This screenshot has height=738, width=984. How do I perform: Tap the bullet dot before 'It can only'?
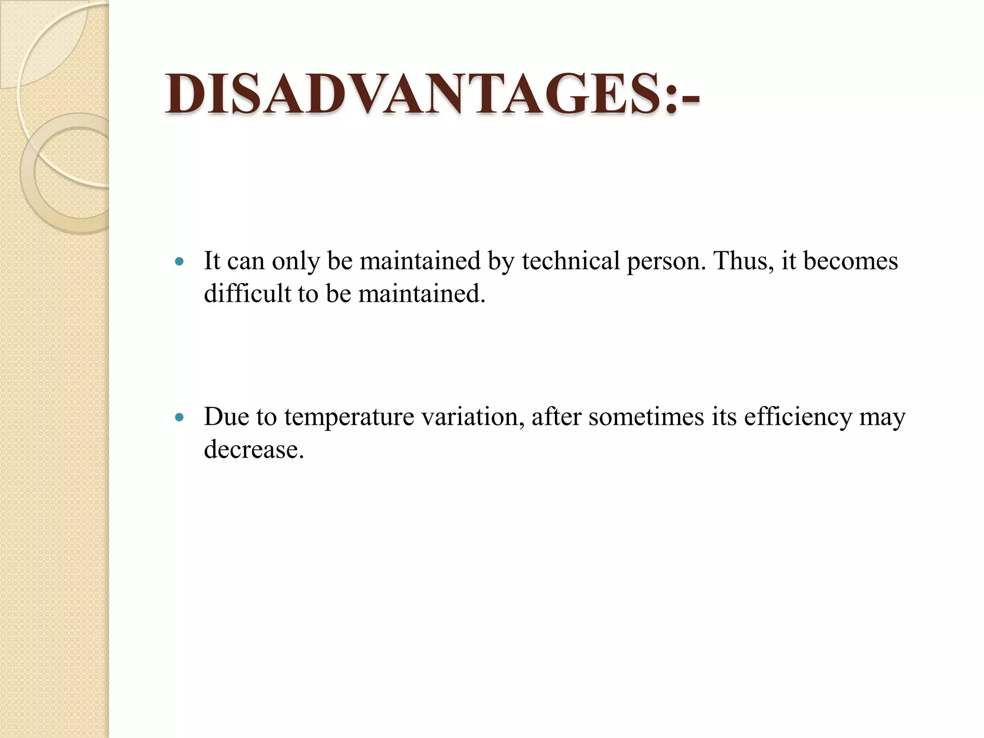tap(180, 262)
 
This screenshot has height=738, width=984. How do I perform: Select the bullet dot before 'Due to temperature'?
tap(180, 418)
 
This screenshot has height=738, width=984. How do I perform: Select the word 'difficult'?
tap(247, 293)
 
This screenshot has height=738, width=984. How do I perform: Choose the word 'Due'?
tap(226, 417)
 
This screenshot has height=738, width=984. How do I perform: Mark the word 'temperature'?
tap(349, 418)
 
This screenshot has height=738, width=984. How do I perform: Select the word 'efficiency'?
tap(798, 418)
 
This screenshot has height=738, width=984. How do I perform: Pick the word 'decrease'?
tap(253, 450)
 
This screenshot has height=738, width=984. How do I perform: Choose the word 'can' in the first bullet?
tap(246, 262)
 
